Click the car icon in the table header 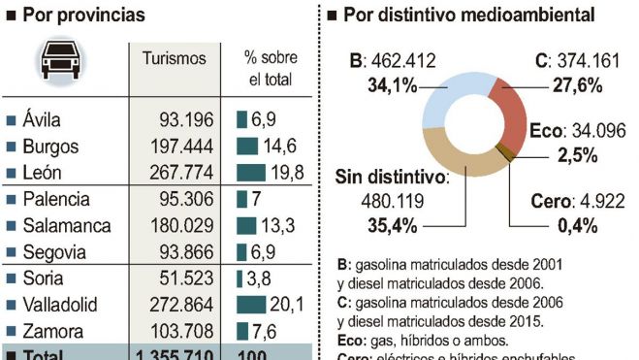(60, 63)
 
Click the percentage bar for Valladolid (251, 305)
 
